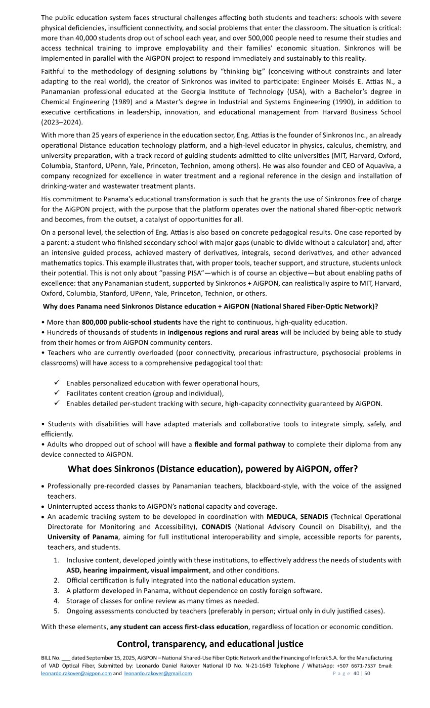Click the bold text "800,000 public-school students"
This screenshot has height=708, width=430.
click(x=131, y=322)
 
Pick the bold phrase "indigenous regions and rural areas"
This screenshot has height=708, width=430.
click(x=223, y=332)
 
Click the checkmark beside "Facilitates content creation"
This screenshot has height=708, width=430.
click(x=57, y=393)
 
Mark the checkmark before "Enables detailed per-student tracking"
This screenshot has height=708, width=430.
click(x=57, y=403)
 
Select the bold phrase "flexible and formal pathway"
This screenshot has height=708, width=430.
click(x=240, y=445)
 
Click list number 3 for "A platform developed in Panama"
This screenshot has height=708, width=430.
click(x=57, y=591)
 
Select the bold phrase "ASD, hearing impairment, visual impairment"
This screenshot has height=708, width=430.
click(x=137, y=570)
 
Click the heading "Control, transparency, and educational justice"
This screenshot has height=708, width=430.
click(x=210, y=644)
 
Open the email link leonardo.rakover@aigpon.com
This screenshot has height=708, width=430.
click(x=76, y=674)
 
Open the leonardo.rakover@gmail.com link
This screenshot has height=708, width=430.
click(x=158, y=674)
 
